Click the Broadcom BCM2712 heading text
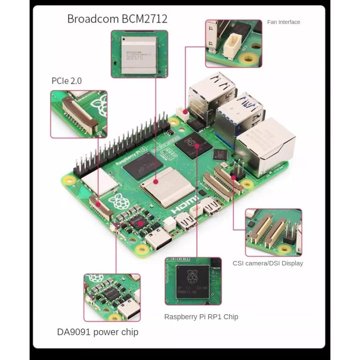117,19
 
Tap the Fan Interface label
283,22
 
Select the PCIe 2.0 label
66,81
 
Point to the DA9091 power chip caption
98,332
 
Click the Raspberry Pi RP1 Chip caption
201,317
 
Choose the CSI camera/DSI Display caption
268,263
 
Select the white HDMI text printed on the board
184,204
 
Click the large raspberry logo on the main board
120,202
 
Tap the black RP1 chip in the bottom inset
193,280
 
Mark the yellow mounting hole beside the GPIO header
70,181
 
